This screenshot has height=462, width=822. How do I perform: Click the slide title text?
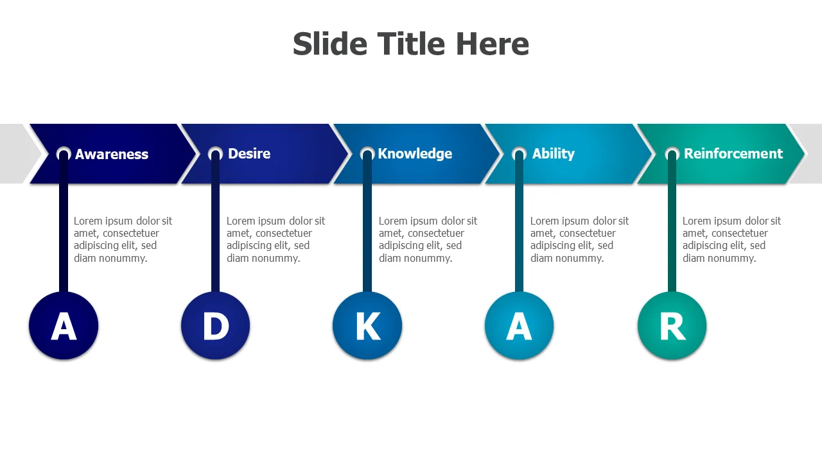(411, 44)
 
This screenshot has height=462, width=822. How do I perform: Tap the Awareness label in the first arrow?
(112, 154)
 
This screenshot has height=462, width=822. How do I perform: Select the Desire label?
(249, 153)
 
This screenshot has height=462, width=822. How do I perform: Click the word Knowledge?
(415, 153)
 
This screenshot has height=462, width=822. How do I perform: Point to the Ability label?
(553, 153)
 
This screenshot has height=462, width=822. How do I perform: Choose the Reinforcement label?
(733, 153)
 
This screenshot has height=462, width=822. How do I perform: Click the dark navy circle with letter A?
(64, 326)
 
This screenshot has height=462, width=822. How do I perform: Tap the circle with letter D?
(216, 326)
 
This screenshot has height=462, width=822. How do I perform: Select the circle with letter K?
(367, 326)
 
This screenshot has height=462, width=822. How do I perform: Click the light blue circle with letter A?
(519, 326)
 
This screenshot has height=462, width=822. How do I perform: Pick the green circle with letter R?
(672, 326)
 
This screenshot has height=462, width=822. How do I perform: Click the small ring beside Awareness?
(64, 154)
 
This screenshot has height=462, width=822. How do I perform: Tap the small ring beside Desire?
(216, 154)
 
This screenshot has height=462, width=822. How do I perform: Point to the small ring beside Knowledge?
(367, 154)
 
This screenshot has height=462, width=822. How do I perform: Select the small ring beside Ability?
(519, 154)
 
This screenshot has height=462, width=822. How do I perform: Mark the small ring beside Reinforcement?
(672, 154)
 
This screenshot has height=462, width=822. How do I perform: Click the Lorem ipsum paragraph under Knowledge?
(428, 239)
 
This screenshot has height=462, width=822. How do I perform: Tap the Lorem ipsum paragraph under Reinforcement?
(731, 239)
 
